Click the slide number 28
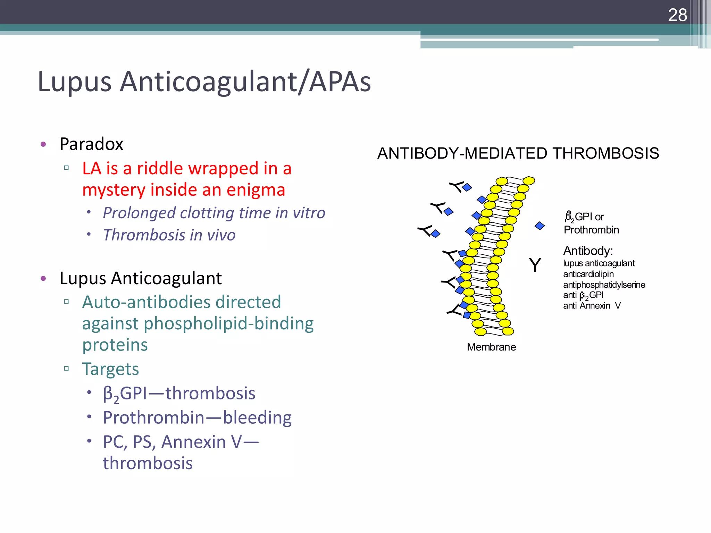(677, 15)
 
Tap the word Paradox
(91, 144)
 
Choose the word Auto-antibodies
(146, 302)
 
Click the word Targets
(110, 369)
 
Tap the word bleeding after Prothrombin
(257, 417)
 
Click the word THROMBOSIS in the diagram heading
(605, 153)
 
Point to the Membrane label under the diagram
(491, 347)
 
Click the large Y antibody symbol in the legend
(535, 265)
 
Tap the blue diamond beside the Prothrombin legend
(539, 226)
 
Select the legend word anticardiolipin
(588, 274)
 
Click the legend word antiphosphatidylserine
(604, 285)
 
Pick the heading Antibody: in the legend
(588, 251)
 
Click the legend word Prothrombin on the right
(591, 230)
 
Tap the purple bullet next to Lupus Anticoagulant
(43, 278)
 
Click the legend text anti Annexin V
(592, 306)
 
